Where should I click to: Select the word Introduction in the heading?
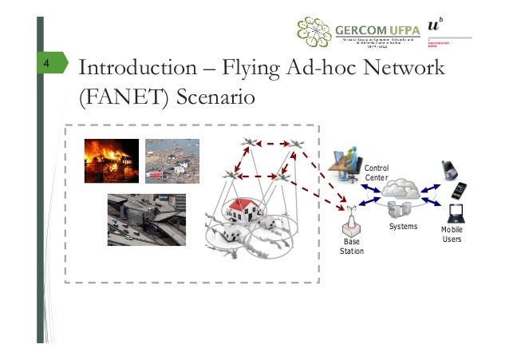130,69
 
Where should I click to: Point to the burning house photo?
112,160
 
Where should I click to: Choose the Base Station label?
352,246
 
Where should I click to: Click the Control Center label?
376,172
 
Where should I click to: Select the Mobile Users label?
452,235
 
